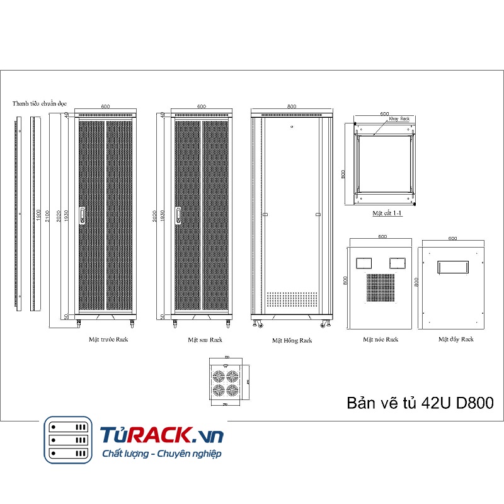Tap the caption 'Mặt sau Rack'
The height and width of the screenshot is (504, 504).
[x=205, y=340]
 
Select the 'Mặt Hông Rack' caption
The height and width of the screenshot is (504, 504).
[x=292, y=340]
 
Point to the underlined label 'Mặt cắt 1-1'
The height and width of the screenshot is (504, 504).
[x=387, y=214]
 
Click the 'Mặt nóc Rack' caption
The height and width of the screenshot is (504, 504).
[x=381, y=340]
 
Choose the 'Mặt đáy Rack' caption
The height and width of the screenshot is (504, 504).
[x=456, y=339]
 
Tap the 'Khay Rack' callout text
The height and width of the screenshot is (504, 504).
[x=399, y=118]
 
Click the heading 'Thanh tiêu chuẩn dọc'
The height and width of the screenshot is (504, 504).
[x=40, y=103]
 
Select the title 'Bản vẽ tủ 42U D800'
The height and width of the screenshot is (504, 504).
[x=420, y=403]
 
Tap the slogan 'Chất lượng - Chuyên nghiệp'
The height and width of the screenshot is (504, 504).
[x=161, y=454]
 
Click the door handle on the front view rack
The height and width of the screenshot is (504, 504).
[x=81, y=214]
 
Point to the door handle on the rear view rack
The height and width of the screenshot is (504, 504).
[x=178, y=214]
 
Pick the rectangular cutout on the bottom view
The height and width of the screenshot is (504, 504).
[x=454, y=267]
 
